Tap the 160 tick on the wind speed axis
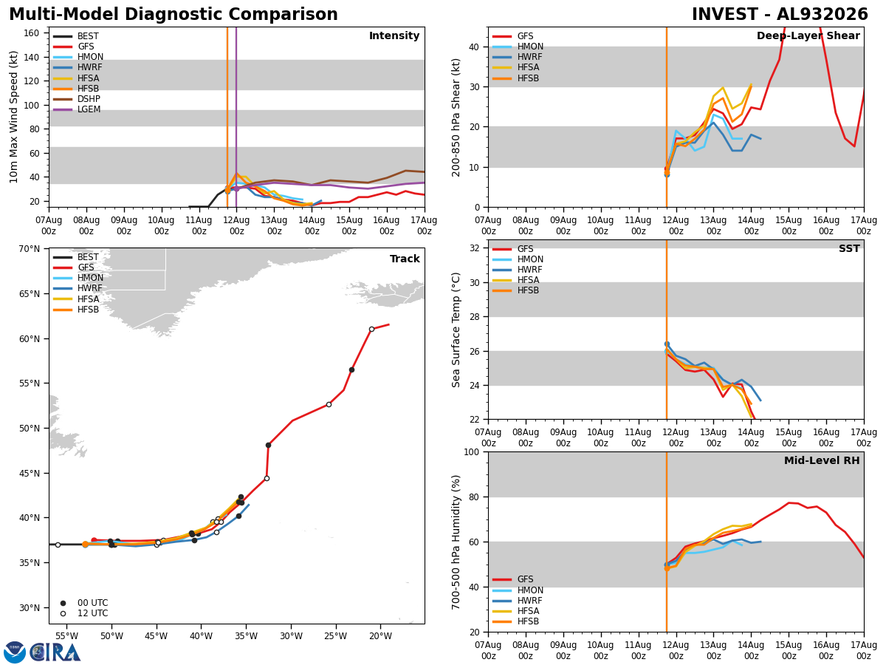tap(32, 33)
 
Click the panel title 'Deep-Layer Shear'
tap(808, 36)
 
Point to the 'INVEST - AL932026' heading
tap(780, 15)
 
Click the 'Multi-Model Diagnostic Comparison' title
tap(174, 15)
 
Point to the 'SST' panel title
tap(849, 249)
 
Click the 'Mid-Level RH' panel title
tap(822, 460)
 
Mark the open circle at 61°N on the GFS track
tap(372, 330)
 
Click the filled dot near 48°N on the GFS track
tap(269, 446)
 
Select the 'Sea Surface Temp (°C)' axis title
tap(456, 330)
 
